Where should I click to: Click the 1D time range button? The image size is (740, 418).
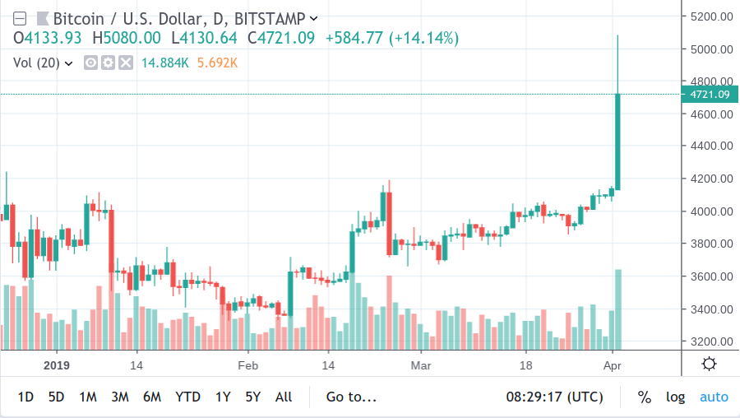click(25, 397)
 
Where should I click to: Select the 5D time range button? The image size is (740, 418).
click(56, 397)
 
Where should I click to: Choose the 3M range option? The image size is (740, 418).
click(120, 397)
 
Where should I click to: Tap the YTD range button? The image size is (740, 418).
click(187, 397)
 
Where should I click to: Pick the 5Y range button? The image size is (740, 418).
click(253, 397)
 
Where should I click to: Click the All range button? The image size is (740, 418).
click(284, 397)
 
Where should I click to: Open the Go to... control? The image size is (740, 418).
click(351, 397)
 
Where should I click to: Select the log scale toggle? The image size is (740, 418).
click(675, 397)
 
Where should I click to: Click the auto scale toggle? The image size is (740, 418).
click(714, 397)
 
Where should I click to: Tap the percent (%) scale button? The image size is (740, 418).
click(644, 397)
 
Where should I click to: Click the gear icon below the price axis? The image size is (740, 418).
click(709, 364)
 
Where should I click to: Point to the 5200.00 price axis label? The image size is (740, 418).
click(711, 16)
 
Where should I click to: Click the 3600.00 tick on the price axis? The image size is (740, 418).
click(711, 276)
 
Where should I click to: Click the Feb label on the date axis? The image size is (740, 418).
click(248, 365)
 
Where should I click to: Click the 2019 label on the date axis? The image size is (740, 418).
click(57, 365)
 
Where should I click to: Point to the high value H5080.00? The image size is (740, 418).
click(127, 38)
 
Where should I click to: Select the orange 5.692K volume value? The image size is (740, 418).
click(217, 63)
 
